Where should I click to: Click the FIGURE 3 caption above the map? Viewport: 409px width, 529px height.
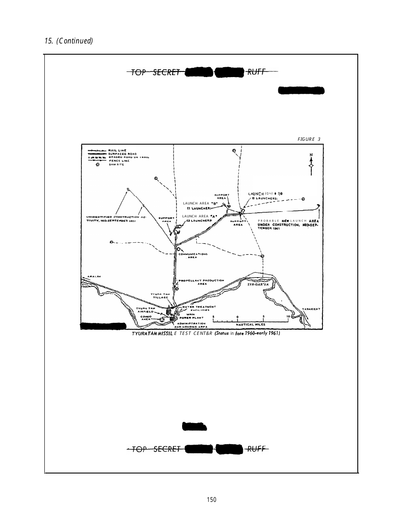point(309,139)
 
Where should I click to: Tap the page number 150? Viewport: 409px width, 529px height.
point(211,500)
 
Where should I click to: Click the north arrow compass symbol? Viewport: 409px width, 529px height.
point(311,165)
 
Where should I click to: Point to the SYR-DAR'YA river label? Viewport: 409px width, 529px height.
point(258,285)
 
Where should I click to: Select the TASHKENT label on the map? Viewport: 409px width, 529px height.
point(310,309)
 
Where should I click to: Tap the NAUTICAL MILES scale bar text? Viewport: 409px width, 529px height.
point(251,325)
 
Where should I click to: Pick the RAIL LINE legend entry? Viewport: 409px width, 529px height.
point(117,150)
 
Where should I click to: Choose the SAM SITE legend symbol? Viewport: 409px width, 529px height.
point(98,164)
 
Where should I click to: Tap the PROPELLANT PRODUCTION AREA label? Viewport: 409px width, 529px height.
point(201,282)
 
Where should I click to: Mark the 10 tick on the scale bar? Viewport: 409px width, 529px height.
point(288,317)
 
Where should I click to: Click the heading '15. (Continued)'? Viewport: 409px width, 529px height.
point(68,41)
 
